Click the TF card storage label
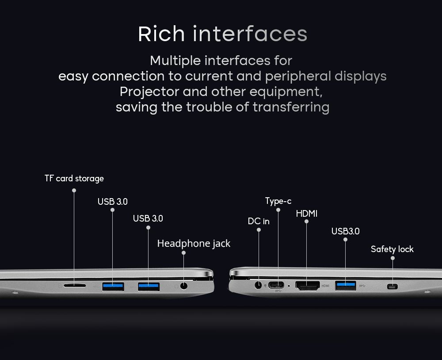(x=74, y=179)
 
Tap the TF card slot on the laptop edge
(x=75, y=286)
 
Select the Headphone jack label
(x=194, y=244)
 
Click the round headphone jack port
(x=184, y=286)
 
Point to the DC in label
(x=259, y=221)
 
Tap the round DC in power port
(x=258, y=285)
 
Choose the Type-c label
(x=278, y=201)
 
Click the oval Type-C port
(x=276, y=285)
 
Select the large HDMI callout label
(x=307, y=214)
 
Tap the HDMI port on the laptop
(x=308, y=286)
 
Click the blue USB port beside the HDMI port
(x=346, y=286)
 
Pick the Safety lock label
(x=392, y=249)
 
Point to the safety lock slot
(x=392, y=287)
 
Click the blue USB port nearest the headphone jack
(x=149, y=287)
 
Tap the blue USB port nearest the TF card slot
(x=113, y=287)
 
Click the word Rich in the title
(x=161, y=34)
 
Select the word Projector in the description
(x=149, y=92)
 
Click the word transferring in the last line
(x=291, y=107)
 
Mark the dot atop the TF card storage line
(x=74, y=191)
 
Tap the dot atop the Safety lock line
(x=392, y=258)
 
